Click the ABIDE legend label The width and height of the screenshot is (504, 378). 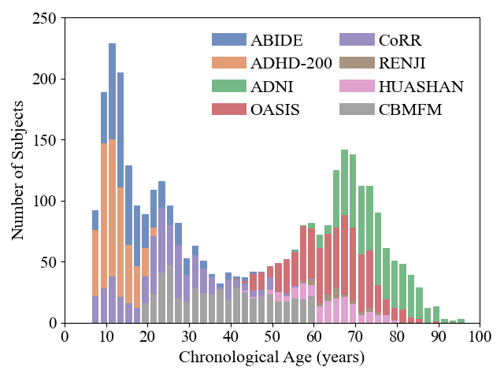[276, 40]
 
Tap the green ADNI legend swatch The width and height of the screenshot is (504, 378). [228, 86]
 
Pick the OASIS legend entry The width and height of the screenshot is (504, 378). [275, 109]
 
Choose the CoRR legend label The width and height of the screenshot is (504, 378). [400, 40]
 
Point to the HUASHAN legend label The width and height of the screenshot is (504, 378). [421, 86]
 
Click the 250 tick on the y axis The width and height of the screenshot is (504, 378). [45, 18]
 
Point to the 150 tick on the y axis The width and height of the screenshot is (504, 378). [45, 140]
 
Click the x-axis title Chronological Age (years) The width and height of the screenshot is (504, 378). [272, 358]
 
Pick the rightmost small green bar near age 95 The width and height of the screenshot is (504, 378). [461, 321]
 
